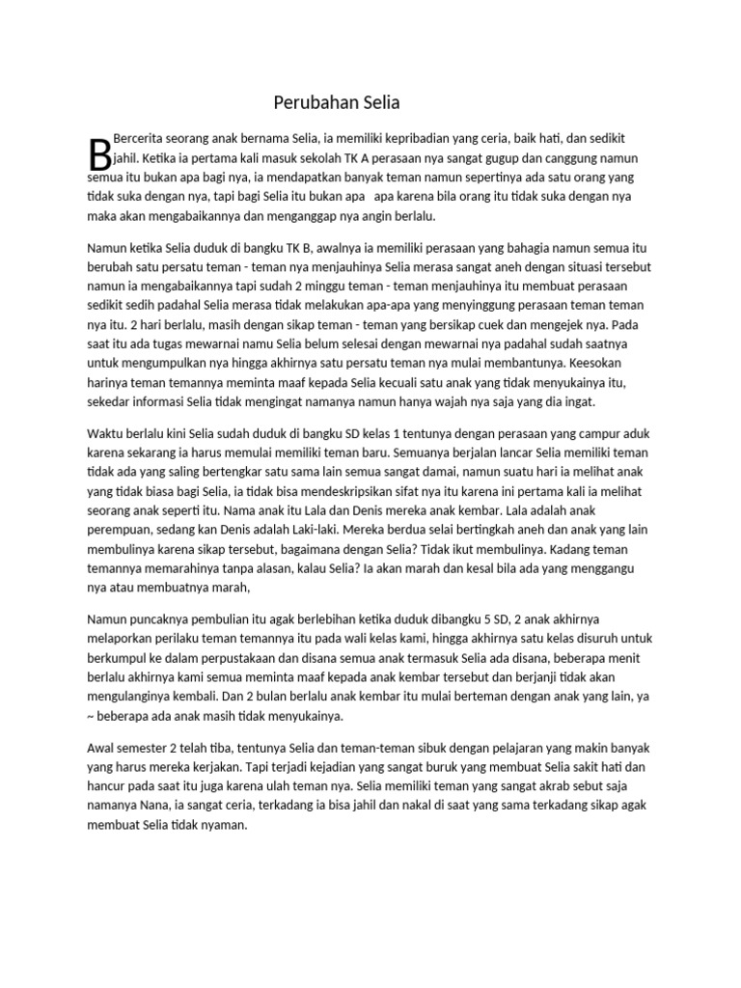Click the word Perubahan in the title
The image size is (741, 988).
[x=304, y=101]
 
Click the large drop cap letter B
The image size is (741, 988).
[x=97, y=154]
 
